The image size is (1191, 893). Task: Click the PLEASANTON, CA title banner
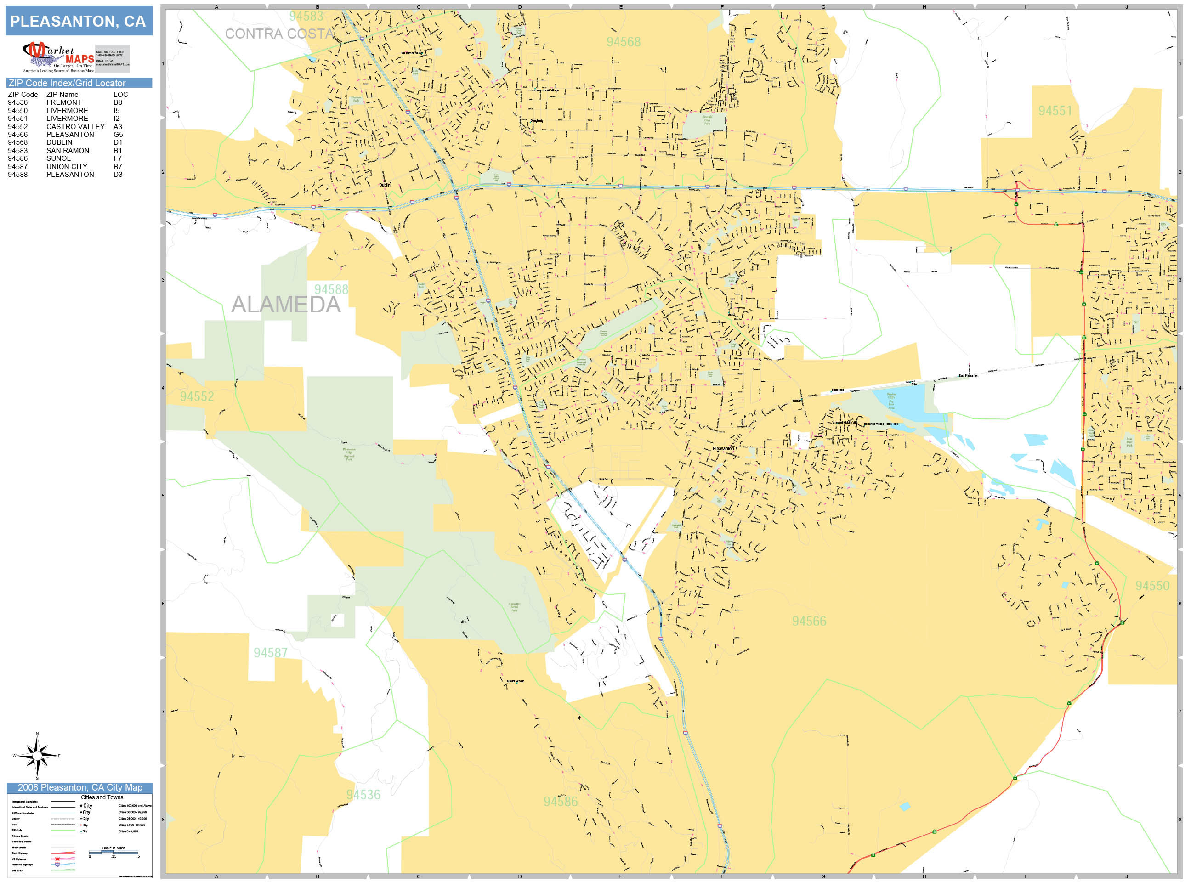79,21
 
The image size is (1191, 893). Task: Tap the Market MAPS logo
59,57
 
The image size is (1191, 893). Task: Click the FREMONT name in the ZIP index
63,102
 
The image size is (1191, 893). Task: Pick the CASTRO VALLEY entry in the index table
75,126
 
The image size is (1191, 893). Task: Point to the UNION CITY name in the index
67,166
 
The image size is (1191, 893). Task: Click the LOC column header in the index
120,94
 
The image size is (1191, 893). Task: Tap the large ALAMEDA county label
286,305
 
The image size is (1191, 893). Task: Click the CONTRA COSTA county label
279,34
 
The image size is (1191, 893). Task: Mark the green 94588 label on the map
331,289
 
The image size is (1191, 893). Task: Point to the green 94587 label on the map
270,653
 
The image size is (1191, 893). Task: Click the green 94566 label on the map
809,621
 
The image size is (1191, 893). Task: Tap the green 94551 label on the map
1055,111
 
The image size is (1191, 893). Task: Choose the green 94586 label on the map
560,802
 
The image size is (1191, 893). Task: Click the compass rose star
37,756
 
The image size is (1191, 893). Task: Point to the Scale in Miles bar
113,852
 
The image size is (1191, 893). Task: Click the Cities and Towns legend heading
102,797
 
